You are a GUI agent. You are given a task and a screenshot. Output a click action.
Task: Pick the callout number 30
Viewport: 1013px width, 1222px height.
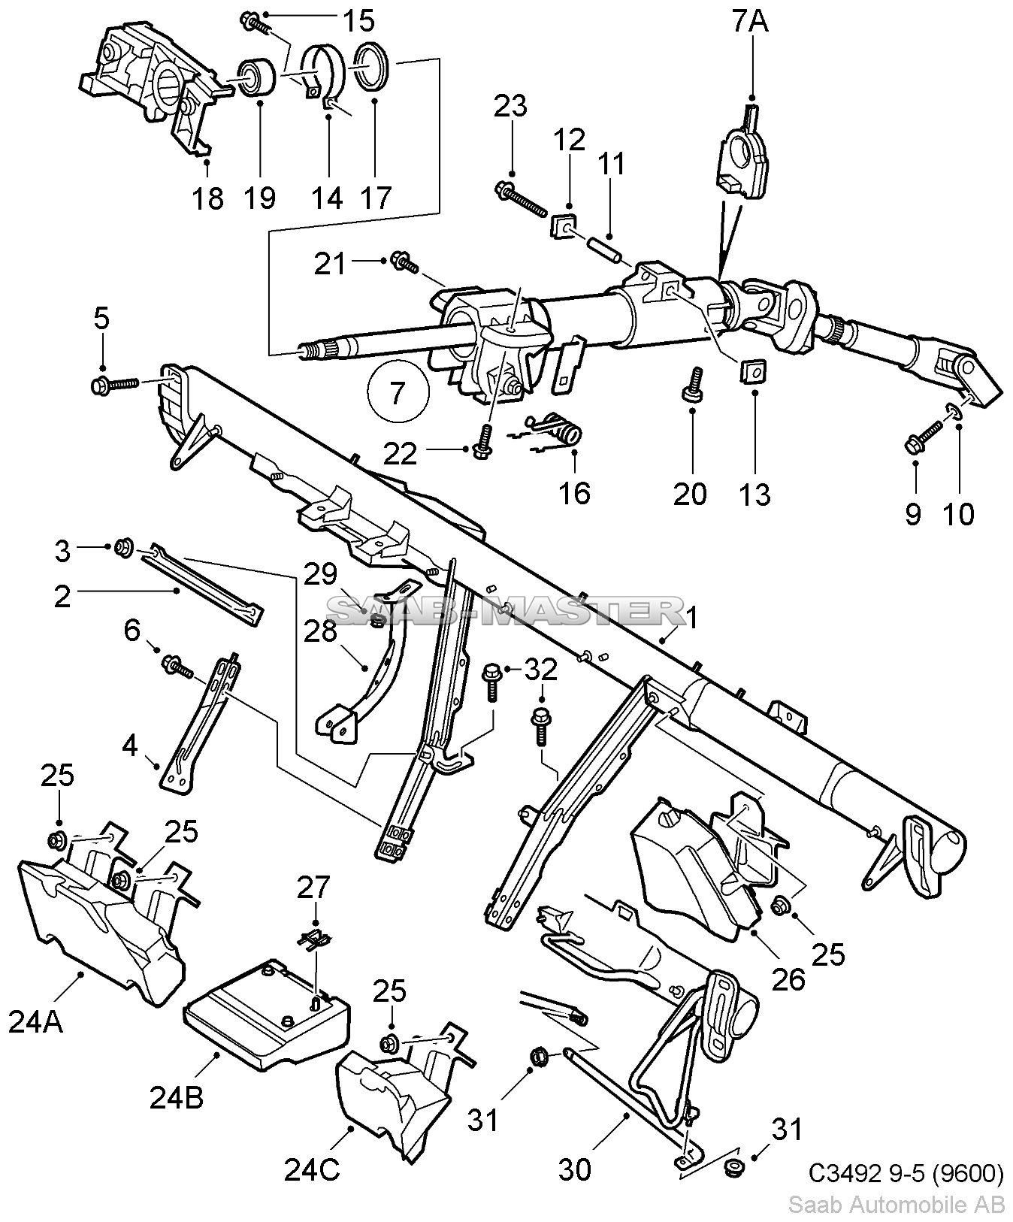tap(574, 1169)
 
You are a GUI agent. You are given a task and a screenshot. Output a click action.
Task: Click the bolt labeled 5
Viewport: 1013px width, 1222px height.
tap(115, 384)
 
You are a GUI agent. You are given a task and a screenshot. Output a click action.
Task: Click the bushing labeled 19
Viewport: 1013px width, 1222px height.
tap(257, 74)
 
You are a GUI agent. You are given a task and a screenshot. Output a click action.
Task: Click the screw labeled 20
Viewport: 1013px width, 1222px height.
tap(693, 383)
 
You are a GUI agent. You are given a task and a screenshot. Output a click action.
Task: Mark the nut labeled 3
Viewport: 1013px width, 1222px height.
tap(123, 547)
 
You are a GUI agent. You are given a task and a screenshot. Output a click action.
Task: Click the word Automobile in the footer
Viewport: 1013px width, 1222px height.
tap(912, 1205)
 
